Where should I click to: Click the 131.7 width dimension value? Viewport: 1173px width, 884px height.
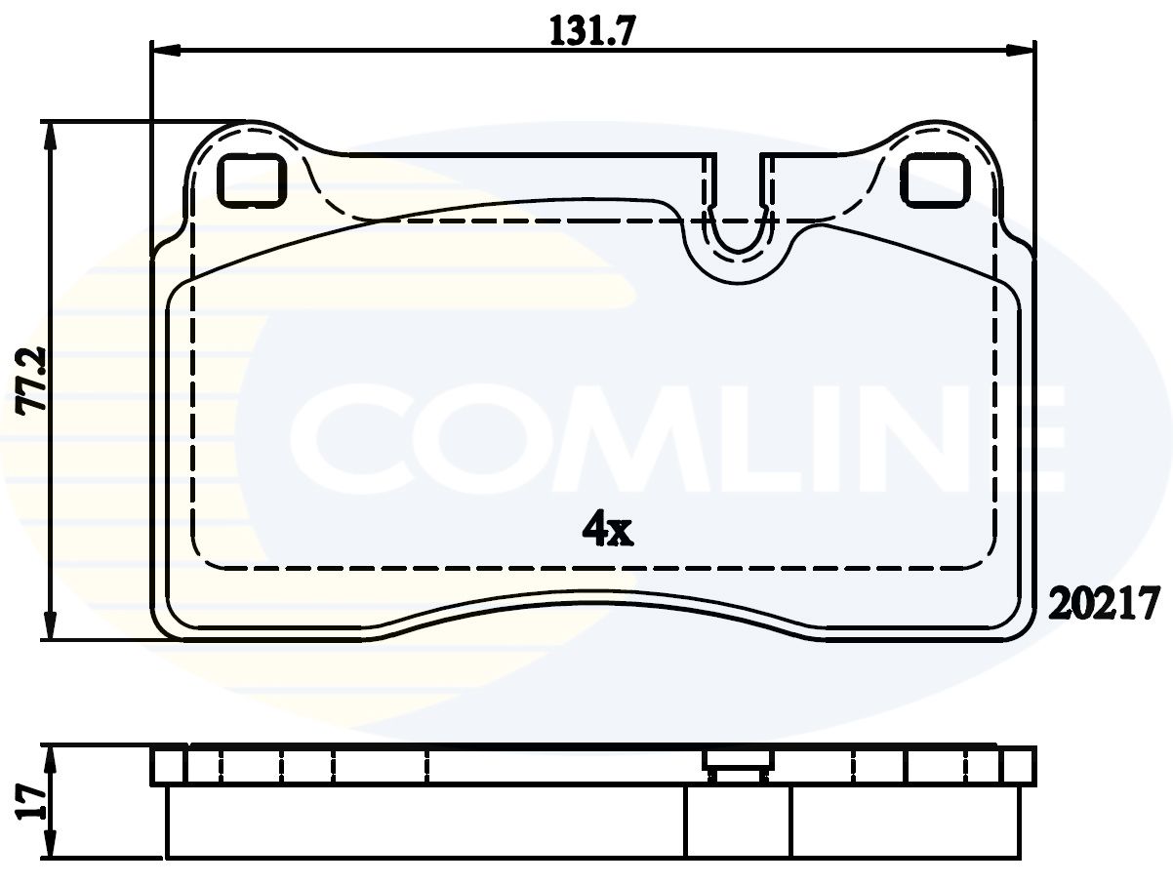(x=592, y=31)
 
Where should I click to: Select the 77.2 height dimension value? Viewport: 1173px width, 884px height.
(x=31, y=381)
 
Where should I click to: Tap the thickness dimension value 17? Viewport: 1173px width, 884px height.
(x=30, y=802)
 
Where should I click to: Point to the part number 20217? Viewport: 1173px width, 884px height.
(x=1104, y=603)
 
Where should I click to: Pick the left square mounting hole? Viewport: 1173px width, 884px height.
(x=251, y=180)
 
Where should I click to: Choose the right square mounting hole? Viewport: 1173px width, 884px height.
(x=935, y=180)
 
